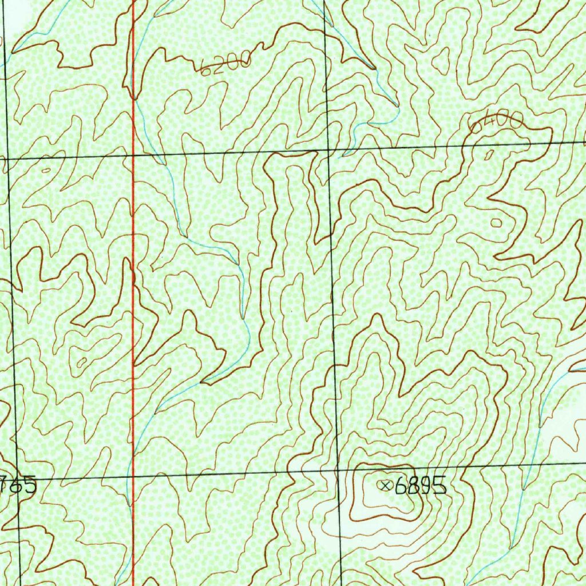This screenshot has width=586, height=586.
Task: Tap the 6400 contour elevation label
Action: (496, 122)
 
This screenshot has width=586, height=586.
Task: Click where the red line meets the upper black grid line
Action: (133, 155)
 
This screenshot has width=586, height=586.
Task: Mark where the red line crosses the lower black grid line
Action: (133, 475)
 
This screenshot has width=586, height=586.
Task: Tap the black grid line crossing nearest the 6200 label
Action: (330, 151)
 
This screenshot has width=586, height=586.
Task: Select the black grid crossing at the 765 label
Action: (15, 478)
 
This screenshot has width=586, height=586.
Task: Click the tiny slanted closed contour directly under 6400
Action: (490, 154)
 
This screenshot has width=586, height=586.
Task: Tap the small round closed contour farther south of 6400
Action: (496, 221)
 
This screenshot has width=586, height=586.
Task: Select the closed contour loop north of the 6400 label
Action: (441, 60)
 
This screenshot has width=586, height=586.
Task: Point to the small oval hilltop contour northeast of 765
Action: (82, 362)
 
